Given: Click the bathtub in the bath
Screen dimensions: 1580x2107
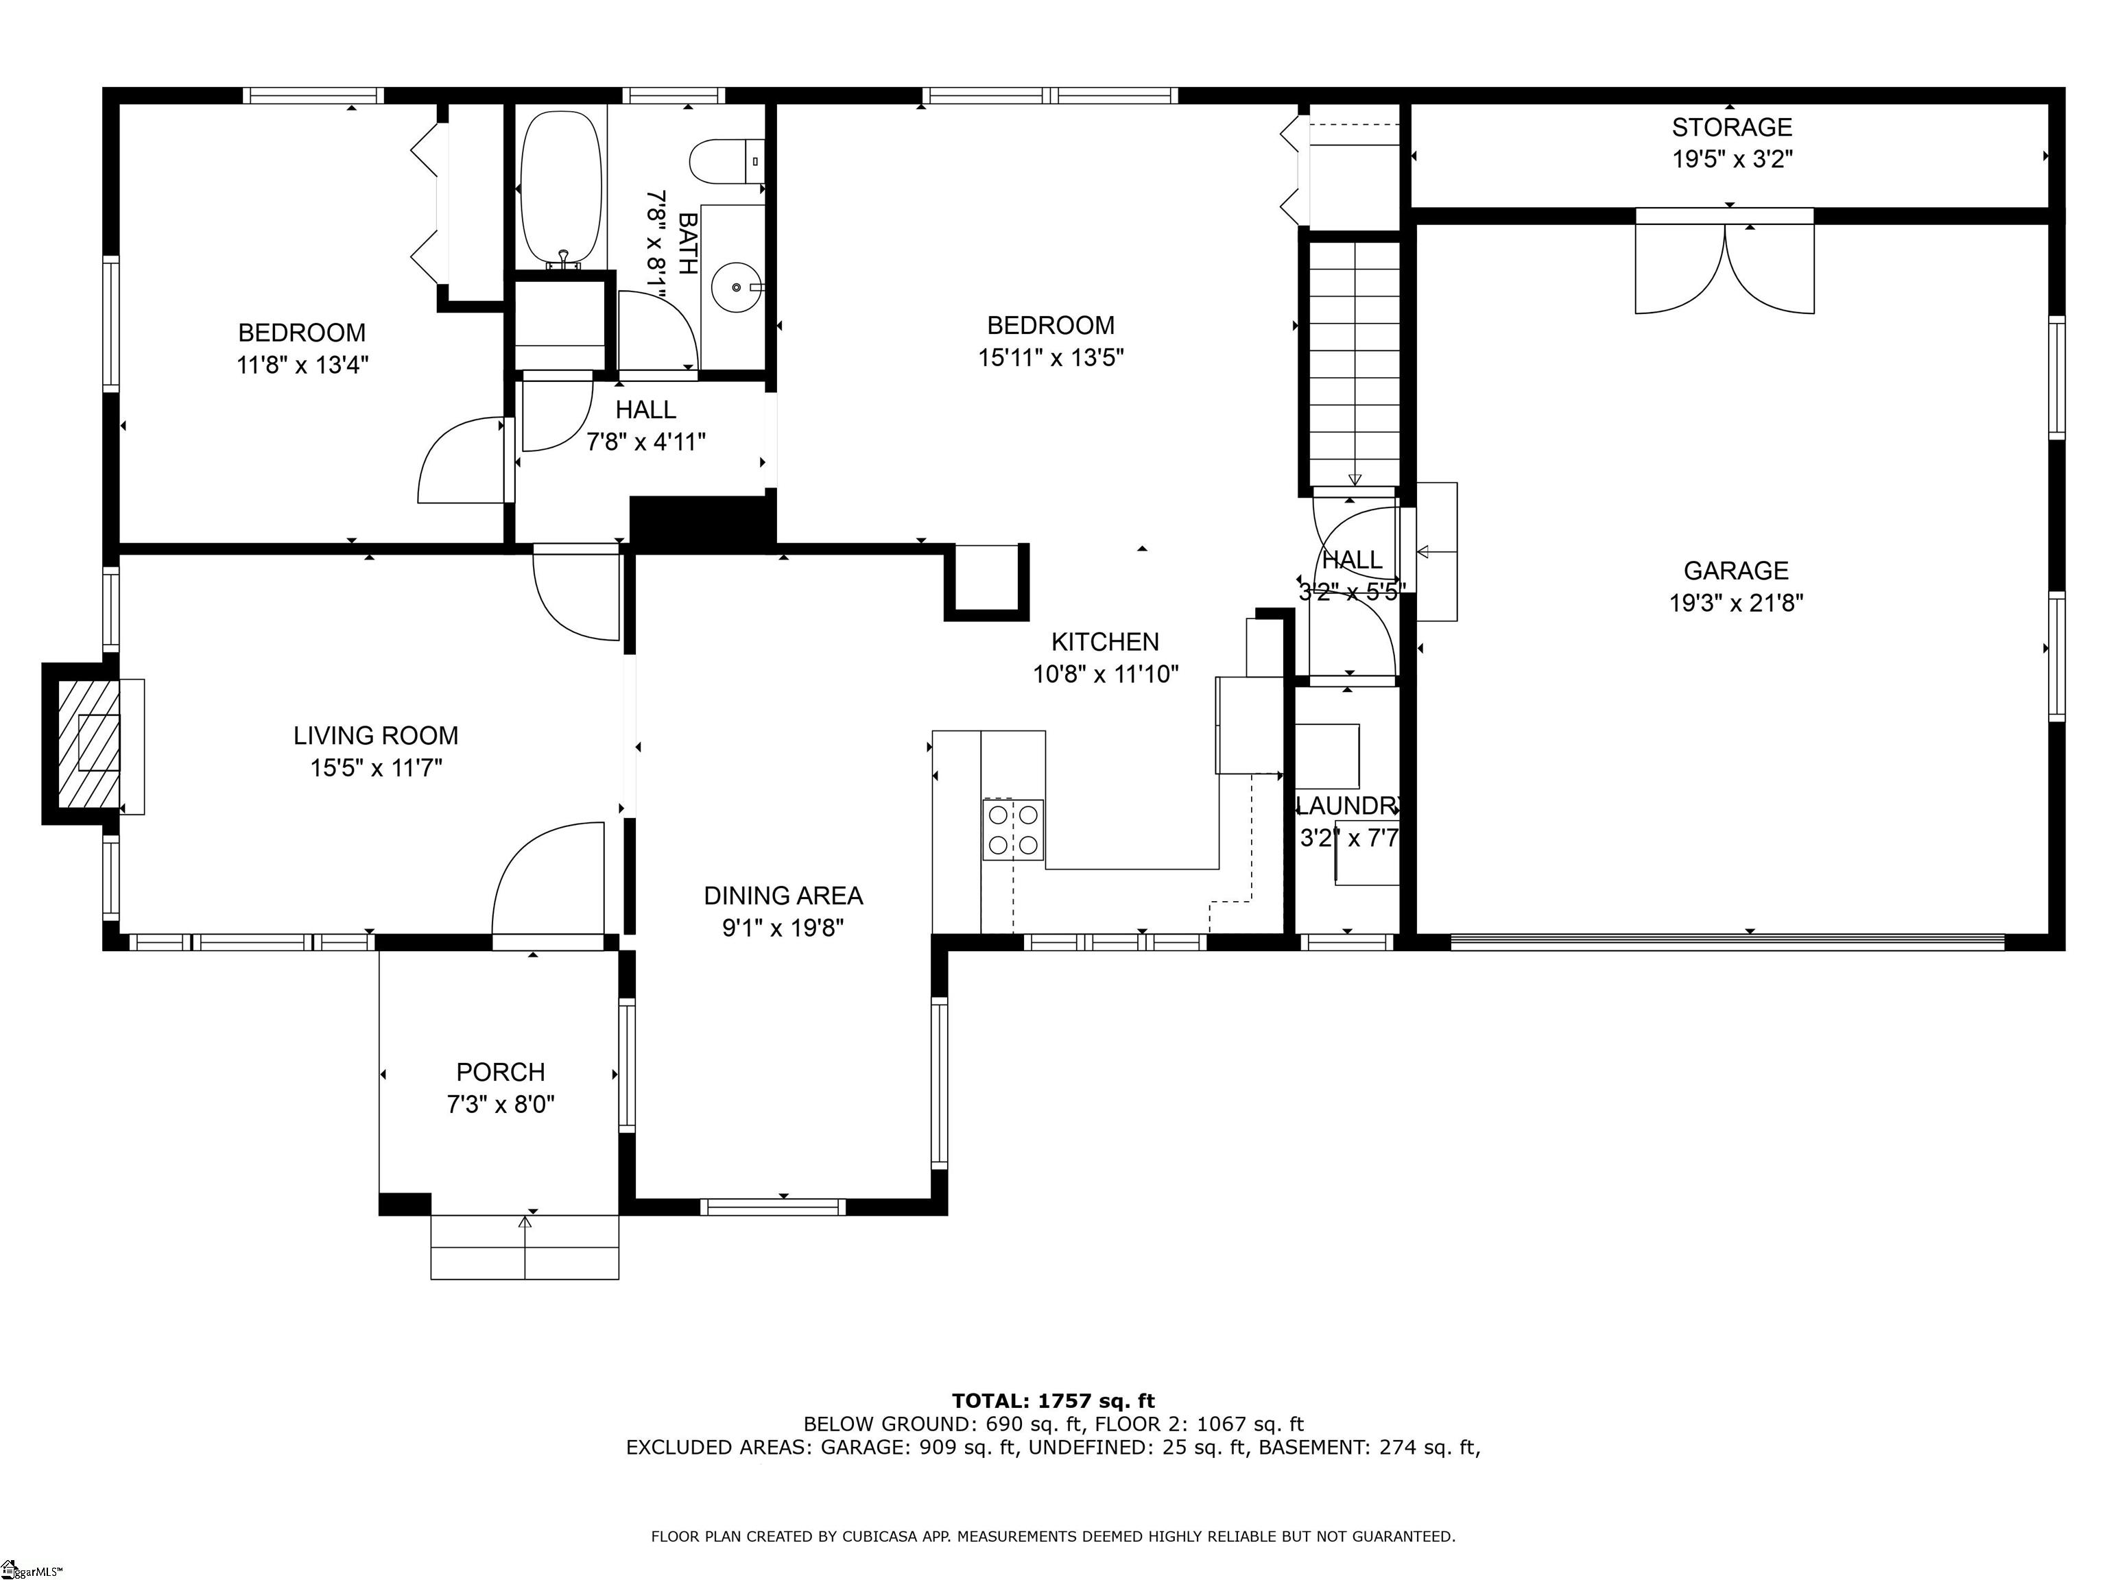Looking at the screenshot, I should click(x=561, y=188).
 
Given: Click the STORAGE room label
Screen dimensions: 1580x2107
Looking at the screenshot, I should click(x=1732, y=127).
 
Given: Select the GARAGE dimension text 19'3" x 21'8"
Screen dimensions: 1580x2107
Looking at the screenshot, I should click(x=1735, y=603).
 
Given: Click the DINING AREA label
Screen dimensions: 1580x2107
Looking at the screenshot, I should click(x=783, y=895).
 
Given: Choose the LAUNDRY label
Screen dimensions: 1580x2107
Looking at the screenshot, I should click(x=1347, y=806).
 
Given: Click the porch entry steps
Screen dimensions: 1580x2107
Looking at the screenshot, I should click(x=525, y=1247).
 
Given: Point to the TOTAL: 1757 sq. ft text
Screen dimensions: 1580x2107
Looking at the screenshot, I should click(x=1053, y=1401).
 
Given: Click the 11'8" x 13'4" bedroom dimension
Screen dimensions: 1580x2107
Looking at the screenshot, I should click(x=302, y=365).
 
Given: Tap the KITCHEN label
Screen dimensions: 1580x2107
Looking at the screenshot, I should click(x=1105, y=642).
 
